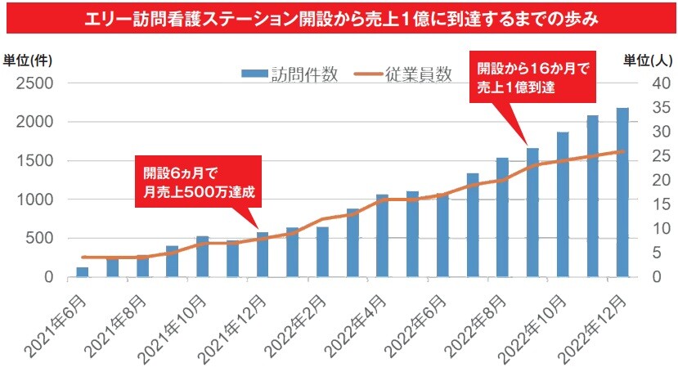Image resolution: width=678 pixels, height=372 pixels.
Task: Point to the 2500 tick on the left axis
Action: [37, 83]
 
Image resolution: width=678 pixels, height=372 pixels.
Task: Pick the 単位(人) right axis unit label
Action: [649, 60]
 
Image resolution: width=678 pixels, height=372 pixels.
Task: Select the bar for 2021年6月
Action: [83, 272]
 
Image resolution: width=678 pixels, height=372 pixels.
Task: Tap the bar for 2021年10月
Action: [203, 257]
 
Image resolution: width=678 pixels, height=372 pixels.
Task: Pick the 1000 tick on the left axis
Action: [37, 199]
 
